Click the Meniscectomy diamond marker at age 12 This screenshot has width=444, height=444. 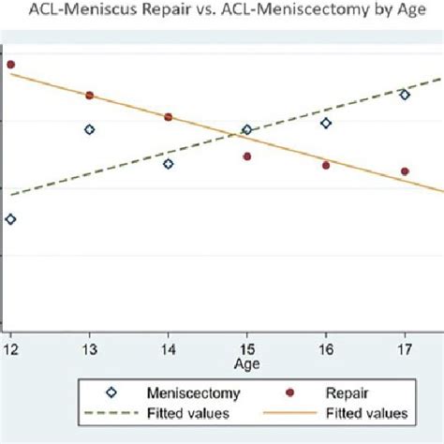point(10,219)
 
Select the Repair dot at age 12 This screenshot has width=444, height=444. point(10,65)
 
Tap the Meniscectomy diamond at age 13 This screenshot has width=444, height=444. point(90,129)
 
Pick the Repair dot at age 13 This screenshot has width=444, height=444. point(90,96)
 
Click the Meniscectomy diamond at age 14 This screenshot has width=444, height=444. point(169,164)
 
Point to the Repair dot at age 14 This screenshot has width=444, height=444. point(169,117)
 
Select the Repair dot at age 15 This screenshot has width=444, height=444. point(247,156)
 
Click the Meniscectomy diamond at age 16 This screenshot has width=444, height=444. point(326,123)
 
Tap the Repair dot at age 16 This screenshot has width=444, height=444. point(326,165)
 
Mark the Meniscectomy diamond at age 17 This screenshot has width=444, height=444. point(405,95)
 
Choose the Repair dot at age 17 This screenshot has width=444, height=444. point(405,171)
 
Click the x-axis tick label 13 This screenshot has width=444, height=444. point(90,348)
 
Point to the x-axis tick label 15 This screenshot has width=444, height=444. point(247,348)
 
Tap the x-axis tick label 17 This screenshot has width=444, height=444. point(405,348)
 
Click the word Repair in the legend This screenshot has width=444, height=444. point(348,393)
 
